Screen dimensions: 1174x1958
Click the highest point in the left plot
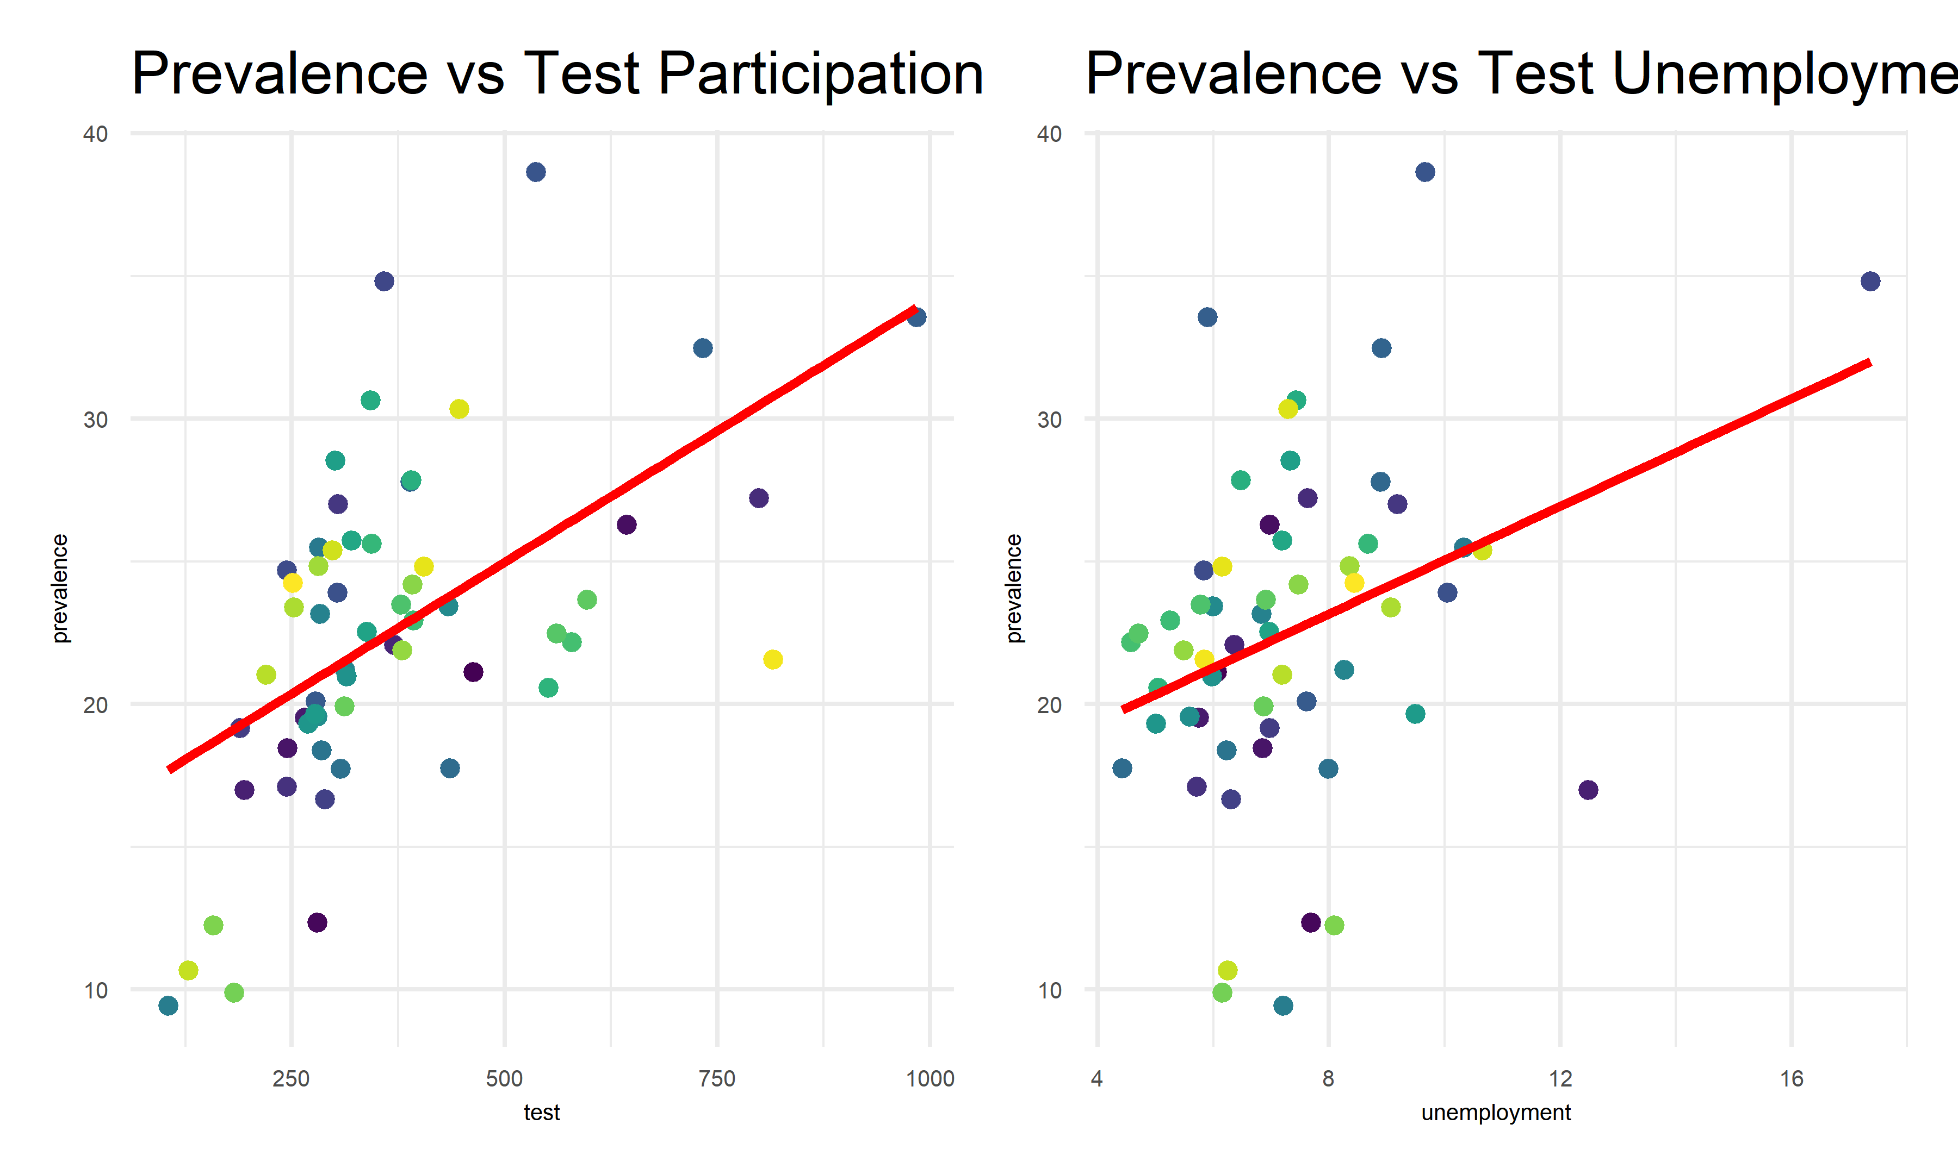pyautogui.click(x=536, y=172)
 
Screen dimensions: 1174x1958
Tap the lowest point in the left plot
pyautogui.click(x=168, y=1006)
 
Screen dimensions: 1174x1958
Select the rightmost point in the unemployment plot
pyautogui.click(x=1870, y=281)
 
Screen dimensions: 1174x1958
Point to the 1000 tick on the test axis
pyautogui.click(x=930, y=1078)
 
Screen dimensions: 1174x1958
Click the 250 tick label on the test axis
pyautogui.click(x=291, y=1078)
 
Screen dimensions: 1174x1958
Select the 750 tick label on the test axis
pyautogui.click(x=717, y=1078)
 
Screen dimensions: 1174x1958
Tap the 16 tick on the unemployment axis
pyautogui.click(x=1792, y=1078)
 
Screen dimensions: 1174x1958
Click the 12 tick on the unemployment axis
pyautogui.click(x=1560, y=1078)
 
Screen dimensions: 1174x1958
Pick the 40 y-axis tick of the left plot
pyautogui.click(x=95, y=134)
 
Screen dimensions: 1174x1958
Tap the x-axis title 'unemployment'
pyautogui.click(x=1496, y=1112)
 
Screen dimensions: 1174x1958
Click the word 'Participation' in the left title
pyautogui.click(x=820, y=73)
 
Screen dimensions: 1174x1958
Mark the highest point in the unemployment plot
pyautogui.click(x=1424, y=172)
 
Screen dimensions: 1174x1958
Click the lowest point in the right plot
pyautogui.click(x=1283, y=1006)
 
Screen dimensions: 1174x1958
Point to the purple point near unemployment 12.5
pyautogui.click(x=1588, y=790)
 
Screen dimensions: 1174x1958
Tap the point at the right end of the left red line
pyautogui.click(x=916, y=317)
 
